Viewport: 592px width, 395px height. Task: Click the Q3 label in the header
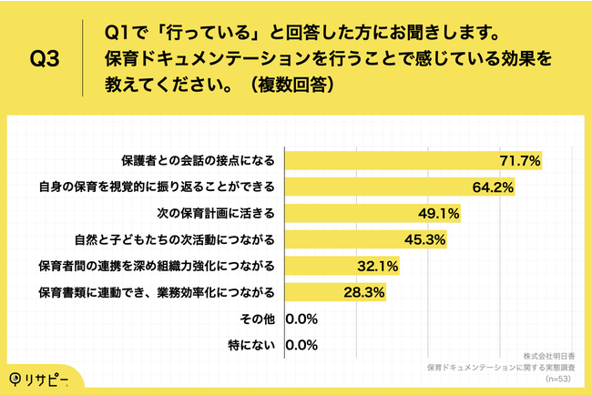click(45, 61)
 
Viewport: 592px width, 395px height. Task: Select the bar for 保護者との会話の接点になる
click(414, 160)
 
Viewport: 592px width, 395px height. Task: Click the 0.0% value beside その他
click(301, 319)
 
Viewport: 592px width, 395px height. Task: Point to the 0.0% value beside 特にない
click(301, 346)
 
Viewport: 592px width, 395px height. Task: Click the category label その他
click(261, 319)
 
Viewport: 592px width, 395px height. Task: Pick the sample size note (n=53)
click(553, 377)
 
